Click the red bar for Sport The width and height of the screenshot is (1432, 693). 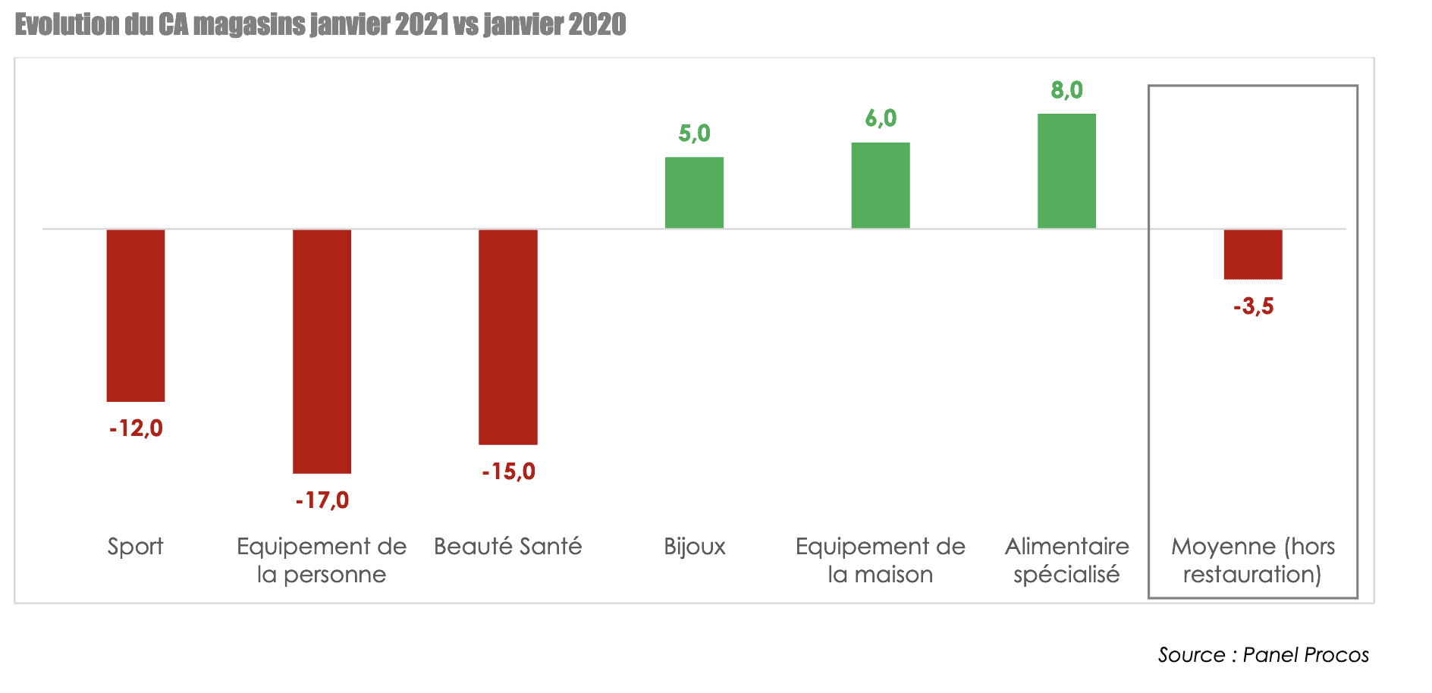pyautogui.click(x=136, y=315)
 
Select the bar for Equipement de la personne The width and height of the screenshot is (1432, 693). pyautogui.click(x=322, y=350)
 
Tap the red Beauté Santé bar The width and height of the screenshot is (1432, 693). pyautogui.click(x=508, y=336)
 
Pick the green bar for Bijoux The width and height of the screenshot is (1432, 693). pyautogui.click(x=694, y=193)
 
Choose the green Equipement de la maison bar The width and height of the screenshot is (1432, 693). pyautogui.click(x=880, y=185)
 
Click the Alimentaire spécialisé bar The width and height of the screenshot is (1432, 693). pyautogui.click(x=1066, y=171)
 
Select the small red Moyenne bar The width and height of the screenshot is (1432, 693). pyautogui.click(x=1252, y=254)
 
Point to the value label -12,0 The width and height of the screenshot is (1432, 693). pyautogui.click(x=136, y=428)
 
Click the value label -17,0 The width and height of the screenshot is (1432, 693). pyautogui.click(x=322, y=500)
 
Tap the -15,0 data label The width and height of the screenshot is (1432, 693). pyautogui.click(x=508, y=472)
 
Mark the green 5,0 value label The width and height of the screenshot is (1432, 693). pyautogui.click(x=694, y=133)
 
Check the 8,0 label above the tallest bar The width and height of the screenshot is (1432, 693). pyautogui.click(x=1066, y=90)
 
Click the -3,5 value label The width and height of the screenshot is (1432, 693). pyautogui.click(x=1253, y=307)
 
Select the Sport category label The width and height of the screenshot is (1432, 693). pyautogui.click(x=135, y=547)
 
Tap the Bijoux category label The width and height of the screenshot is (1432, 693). pyautogui.click(x=694, y=547)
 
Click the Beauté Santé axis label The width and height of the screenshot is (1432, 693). pyautogui.click(x=507, y=547)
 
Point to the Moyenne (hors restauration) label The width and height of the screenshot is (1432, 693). pyautogui.click(x=1252, y=560)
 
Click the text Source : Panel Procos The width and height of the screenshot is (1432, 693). pyautogui.click(x=1263, y=655)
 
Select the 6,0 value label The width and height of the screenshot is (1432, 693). pyautogui.click(x=880, y=118)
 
